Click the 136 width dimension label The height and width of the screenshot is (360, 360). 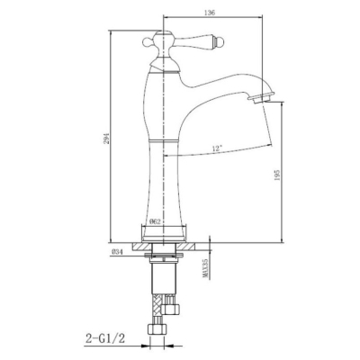point(211,13)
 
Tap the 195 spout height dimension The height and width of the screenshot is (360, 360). point(277,175)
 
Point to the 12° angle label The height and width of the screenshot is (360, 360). point(217,148)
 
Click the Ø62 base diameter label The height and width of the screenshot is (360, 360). point(155,222)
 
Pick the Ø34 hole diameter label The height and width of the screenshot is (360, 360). point(117,252)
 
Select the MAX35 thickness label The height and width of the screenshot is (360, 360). point(205,269)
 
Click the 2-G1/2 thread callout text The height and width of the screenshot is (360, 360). point(105,339)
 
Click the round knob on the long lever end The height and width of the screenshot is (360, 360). point(220,42)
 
